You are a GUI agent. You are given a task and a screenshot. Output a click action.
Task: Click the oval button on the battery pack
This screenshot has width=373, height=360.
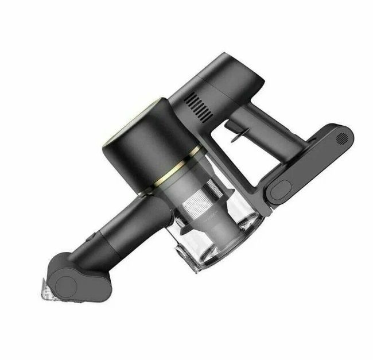point(283,189)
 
